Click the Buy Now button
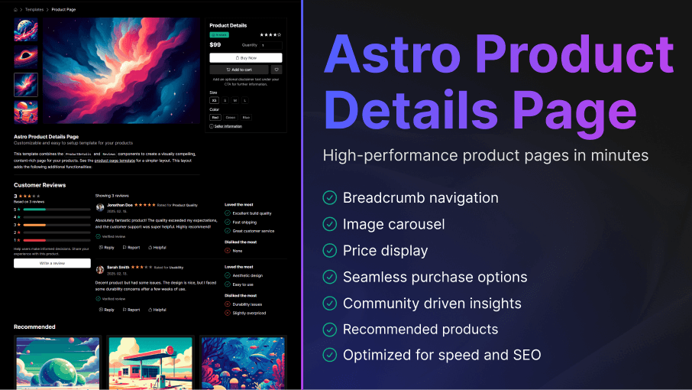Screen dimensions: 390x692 tap(245, 57)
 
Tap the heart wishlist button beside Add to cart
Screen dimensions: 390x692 tap(276, 70)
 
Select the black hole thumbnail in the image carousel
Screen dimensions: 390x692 tap(25, 57)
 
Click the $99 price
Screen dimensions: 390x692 tap(216, 45)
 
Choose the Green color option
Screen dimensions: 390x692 tap(230, 118)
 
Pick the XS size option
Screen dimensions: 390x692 tap(215, 100)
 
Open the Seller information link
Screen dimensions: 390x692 tap(228, 126)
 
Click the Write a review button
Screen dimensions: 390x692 tap(52, 263)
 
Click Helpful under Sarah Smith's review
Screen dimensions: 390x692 tap(157, 310)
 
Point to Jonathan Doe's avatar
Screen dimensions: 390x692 tap(100, 206)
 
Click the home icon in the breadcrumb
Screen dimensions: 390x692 tap(16, 9)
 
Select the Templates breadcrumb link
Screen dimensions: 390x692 tap(34, 9)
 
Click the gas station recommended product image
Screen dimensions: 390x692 tap(149, 363)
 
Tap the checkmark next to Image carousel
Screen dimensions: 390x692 tap(330, 224)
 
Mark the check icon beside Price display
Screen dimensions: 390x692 tap(330, 250)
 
